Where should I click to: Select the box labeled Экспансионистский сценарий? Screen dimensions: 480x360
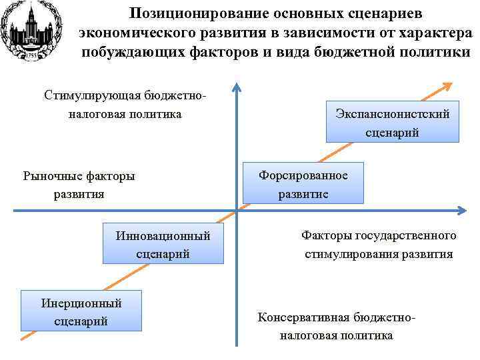point(392,123)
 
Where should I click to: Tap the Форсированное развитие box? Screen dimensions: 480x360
point(303,183)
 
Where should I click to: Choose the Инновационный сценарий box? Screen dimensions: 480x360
point(163,244)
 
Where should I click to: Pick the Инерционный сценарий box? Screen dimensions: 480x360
point(81,311)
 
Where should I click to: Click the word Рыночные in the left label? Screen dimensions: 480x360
point(54,176)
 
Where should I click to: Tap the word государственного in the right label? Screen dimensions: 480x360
point(411,235)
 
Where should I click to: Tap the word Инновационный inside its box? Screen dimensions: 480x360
point(163,235)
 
